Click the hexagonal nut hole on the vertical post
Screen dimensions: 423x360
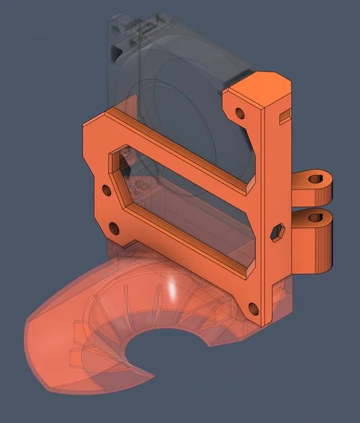point(276,233)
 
